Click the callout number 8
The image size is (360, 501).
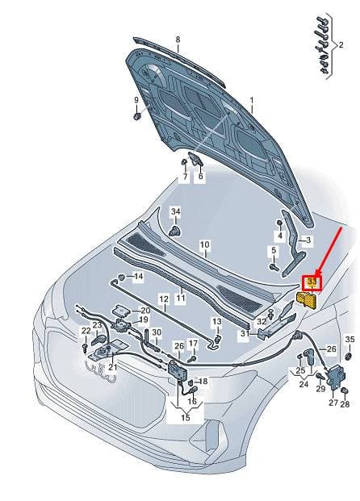coord(178,40)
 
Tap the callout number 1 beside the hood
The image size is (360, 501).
coord(252,101)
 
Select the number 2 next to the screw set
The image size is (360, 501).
coord(341,44)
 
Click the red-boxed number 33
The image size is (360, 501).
coord(312,282)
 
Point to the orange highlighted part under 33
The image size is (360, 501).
coord(308,300)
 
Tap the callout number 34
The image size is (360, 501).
coord(175,211)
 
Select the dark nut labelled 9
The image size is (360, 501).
coord(137,116)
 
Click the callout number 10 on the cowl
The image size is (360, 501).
coord(204,244)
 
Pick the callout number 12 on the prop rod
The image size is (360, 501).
coord(164,299)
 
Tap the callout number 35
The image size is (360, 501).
coord(350,340)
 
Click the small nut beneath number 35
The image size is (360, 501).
coord(350,356)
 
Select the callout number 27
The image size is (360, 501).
coord(333,403)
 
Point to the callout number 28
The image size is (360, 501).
coord(345,404)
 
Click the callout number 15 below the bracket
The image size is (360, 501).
coord(186,417)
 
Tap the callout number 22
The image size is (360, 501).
coord(86,331)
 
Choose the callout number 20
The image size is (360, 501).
coord(145,311)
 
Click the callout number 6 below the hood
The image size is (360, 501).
coord(200,176)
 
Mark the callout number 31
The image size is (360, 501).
coord(245,333)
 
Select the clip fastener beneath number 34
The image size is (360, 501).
coord(174,231)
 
